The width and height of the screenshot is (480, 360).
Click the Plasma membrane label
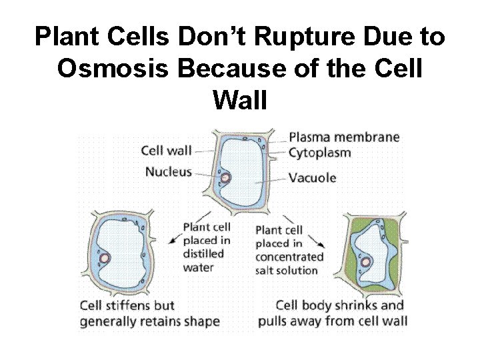pos(344,137)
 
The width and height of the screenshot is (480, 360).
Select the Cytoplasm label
pos(320,153)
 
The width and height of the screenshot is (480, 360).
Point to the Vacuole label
pos(313,178)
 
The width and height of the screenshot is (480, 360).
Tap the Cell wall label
pos(167,149)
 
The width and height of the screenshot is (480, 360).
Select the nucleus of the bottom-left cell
pos(105,259)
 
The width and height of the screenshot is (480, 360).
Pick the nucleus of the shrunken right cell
pos(366,263)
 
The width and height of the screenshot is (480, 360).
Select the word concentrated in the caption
pos(289,256)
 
